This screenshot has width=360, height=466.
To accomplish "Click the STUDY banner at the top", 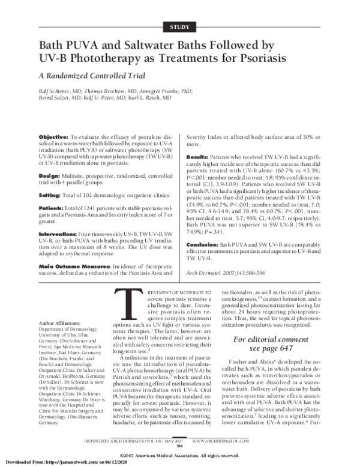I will [179, 25].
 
